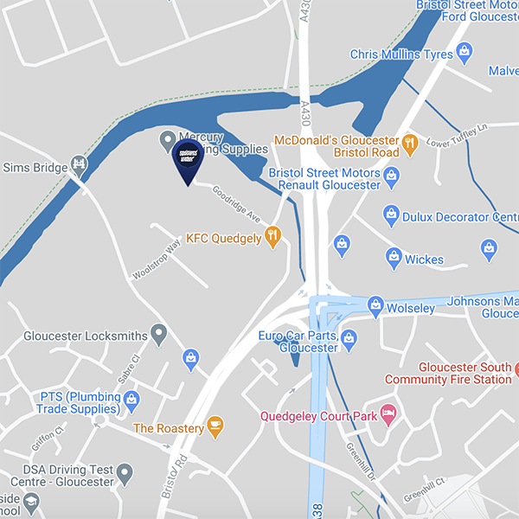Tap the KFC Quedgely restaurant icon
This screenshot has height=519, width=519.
[273, 234]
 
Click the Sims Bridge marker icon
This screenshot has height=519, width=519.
[80, 162]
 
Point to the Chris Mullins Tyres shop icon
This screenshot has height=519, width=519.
[465, 51]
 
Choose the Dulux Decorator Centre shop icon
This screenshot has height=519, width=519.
[391, 214]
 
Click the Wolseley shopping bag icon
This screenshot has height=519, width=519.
[375, 304]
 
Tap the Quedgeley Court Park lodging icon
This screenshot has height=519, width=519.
[388, 414]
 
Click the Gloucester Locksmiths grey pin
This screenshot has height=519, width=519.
[158, 331]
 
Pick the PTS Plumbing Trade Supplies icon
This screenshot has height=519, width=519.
[131, 399]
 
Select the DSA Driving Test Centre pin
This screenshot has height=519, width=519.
[125, 473]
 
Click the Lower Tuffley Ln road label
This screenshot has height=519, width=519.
[458, 133]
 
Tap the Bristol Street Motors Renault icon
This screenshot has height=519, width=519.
[392, 176]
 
